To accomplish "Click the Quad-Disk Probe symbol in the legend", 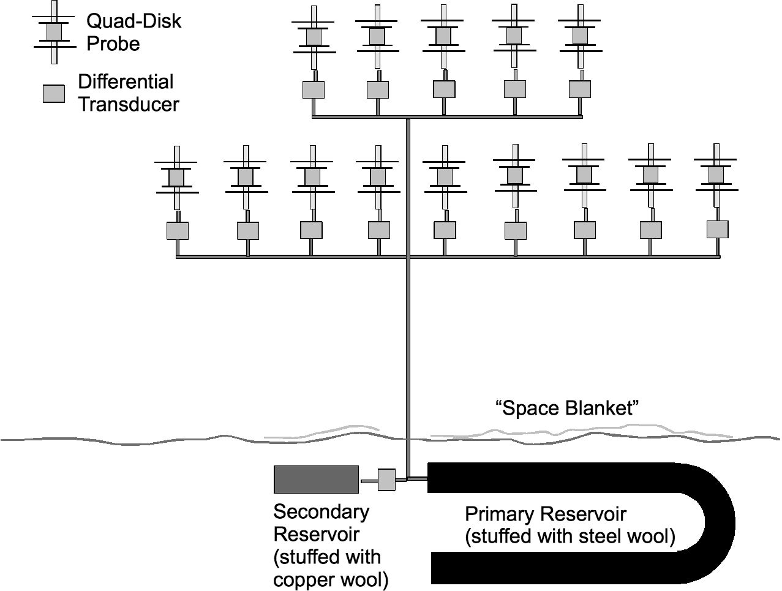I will click(x=55, y=31).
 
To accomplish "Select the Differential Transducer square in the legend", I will click(x=54, y=94).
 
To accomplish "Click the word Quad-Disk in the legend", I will click(x=133, y=21).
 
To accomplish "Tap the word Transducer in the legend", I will click(x=129, y=104).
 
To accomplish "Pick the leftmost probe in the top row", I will click(x=314, y=37).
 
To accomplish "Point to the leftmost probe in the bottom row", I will click(x=176, y=177).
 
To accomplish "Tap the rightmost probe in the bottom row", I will click(x=716, y=175).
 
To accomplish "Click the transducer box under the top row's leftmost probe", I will click(x=314, y=89).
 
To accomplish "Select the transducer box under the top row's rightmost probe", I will click(x=579, y=89).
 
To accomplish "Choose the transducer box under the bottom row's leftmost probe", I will click(x=178, y=230).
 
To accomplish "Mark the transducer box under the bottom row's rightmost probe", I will click(x=717, y=229).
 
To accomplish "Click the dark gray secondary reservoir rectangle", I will click(x=316, y=479).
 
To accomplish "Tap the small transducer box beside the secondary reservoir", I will click(x=387, y=480).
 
